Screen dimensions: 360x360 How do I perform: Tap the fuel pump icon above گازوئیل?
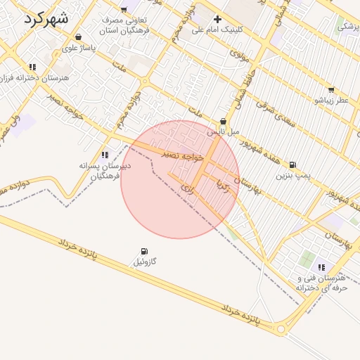pos(144,251)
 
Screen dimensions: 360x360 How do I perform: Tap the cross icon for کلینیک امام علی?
pos(217,19)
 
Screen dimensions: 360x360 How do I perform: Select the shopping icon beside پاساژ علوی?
pos(77,37)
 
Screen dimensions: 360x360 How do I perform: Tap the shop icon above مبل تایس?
pos(224,121)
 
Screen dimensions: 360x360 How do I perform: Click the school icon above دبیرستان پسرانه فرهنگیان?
pos(105,155)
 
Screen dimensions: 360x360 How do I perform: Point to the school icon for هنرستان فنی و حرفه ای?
pos(321,267)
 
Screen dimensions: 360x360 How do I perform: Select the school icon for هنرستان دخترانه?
pos(33,67)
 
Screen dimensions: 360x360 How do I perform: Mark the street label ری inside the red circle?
pos(186,188)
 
